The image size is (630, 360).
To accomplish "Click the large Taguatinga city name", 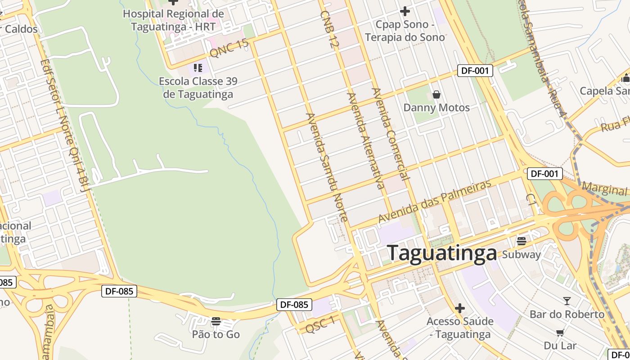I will (442, 253).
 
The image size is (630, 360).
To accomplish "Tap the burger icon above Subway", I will (522, 241).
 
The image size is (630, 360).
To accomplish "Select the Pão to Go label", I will (216, 334).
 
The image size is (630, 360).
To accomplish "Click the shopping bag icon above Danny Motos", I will (436, 94).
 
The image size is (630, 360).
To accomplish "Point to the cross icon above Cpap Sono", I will (405, 11).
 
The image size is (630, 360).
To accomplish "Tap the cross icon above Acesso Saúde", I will (460, 308).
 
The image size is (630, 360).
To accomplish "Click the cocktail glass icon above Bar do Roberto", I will (567, 301).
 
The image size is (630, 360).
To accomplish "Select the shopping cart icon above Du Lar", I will (560, 333).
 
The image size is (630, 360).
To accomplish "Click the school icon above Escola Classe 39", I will (198, 68).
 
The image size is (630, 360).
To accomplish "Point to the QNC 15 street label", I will (229, 48).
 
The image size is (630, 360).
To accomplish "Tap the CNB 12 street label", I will (329, 30).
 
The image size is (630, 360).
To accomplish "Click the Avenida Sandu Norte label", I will (327, 167).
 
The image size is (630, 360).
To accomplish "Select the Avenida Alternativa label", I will (366, 140).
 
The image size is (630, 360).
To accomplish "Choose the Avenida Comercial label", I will (391, 134).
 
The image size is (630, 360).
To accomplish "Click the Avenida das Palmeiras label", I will (435, 202).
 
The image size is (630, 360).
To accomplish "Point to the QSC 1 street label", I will (320, 324).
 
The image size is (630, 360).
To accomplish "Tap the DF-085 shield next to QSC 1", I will (294, 305).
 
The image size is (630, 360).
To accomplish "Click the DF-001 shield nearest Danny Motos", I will (475, 71).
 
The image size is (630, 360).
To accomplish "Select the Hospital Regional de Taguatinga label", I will (173, 20).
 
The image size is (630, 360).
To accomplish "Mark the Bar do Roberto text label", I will (567, 314).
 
